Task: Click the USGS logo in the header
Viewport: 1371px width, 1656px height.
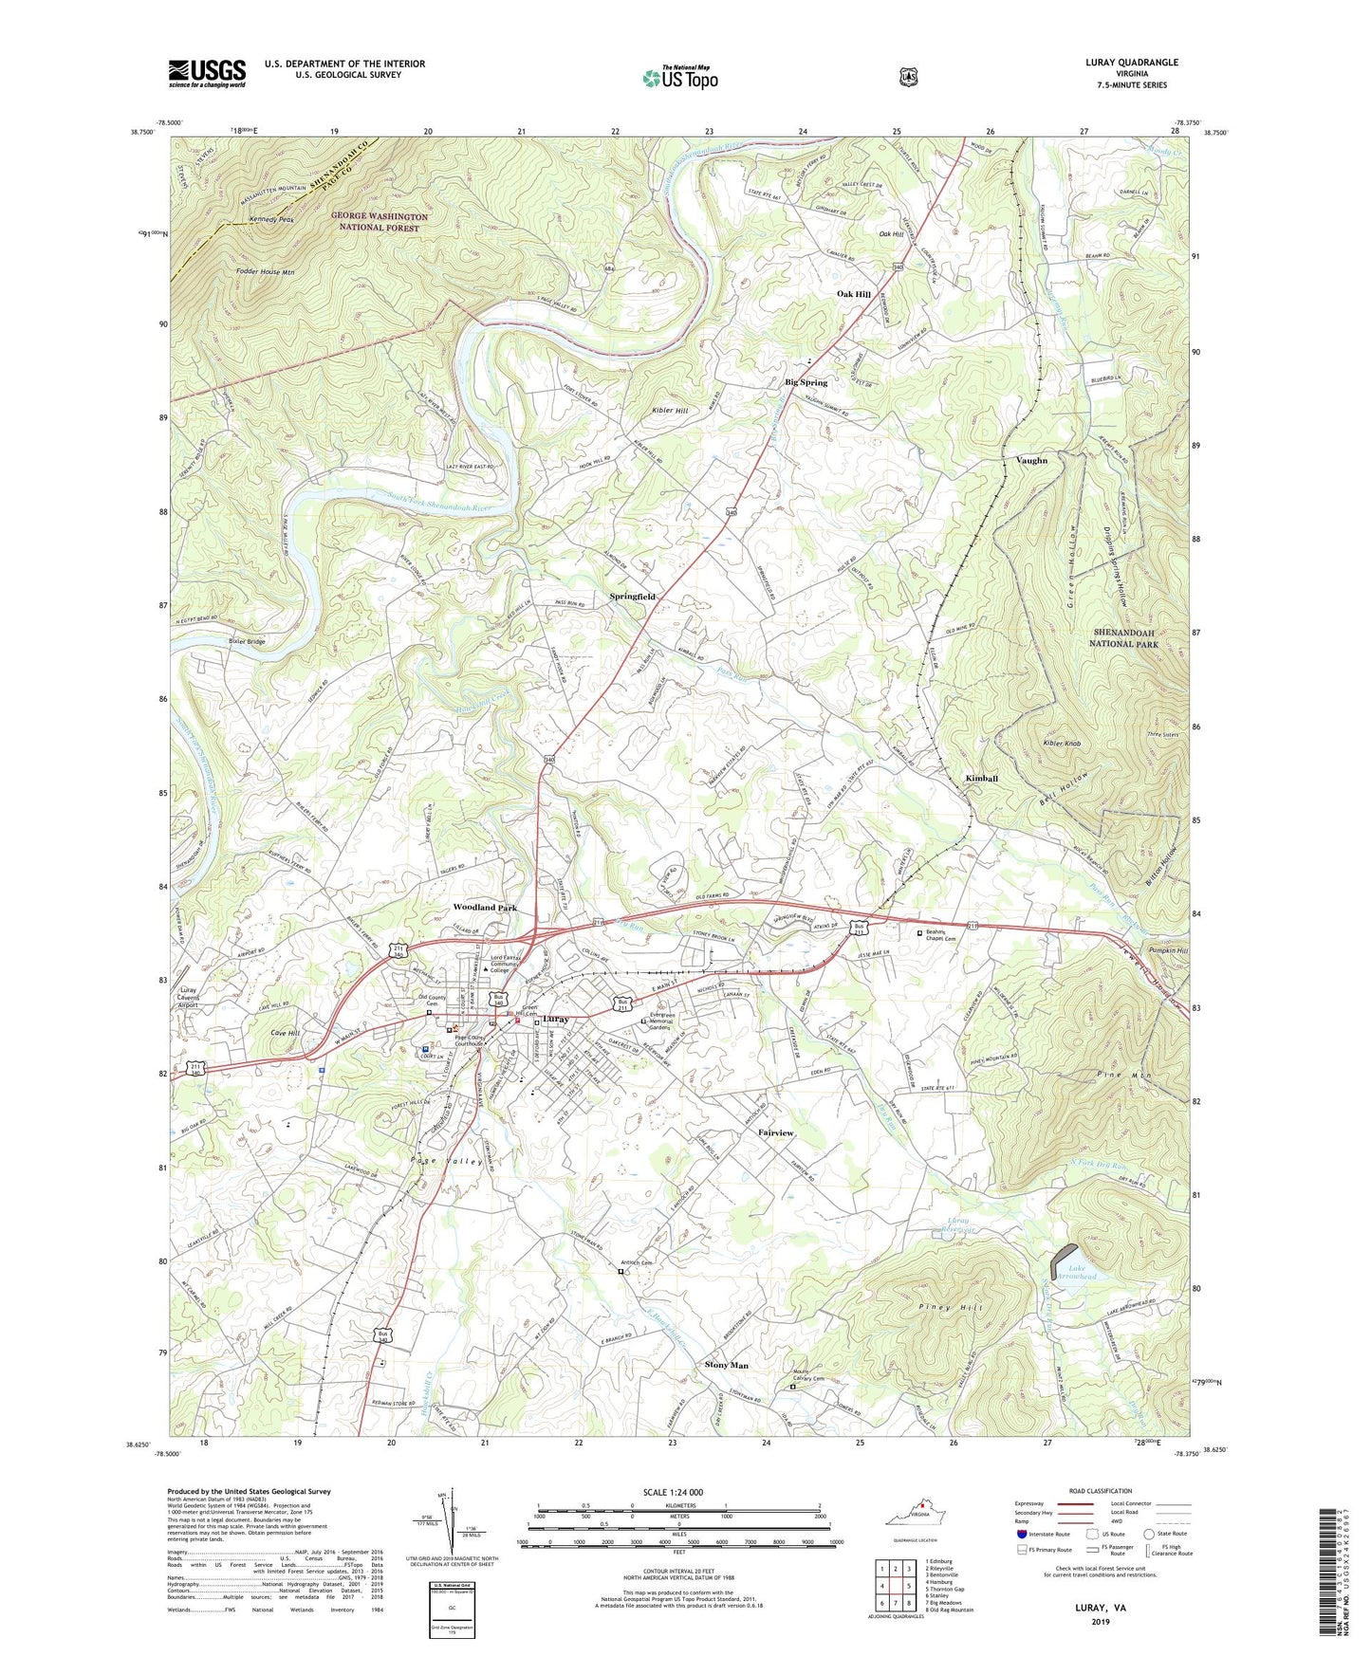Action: coord(207,73)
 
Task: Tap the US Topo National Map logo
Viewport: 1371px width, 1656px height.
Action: coord(680,78)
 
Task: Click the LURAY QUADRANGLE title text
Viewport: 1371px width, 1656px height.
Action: coord(1132,63)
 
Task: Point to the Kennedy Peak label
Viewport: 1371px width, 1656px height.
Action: coord(271,220)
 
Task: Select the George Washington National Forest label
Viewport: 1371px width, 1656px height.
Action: coord(380,222)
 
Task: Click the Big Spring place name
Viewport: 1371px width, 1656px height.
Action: coord(806,382)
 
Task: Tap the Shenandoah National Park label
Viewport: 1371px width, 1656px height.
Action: coord(1124,638)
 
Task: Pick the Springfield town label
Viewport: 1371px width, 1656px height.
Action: coord(632,597)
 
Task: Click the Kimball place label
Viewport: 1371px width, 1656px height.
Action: coord(981,779)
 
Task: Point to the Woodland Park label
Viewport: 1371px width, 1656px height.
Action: coord(485,908)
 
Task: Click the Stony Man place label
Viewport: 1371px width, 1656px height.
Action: coord(727,1365)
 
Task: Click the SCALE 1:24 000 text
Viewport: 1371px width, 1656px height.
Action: coord(673,1492)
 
